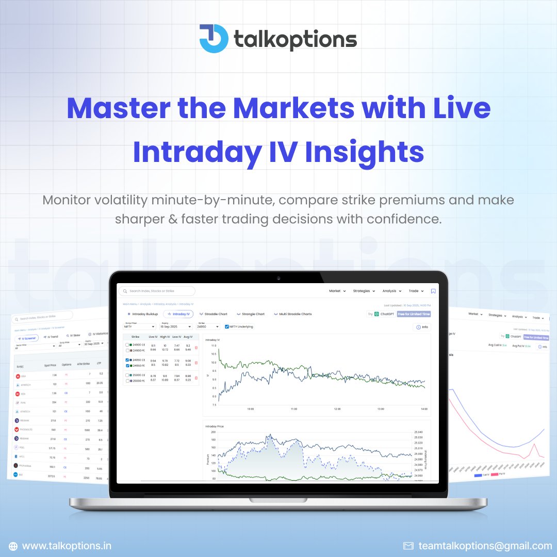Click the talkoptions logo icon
click(214, 38)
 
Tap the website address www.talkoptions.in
click(67, 546)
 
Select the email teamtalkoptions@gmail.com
click(485, 546)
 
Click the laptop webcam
click(278, 278)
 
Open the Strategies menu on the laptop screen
click(364, 291)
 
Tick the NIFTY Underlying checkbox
click(226, 326)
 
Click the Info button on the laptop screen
click(422, 327)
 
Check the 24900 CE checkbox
click(127, 345)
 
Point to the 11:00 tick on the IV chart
click(294, 409)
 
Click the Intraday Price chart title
click(214, 427)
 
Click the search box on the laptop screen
click(157, 291)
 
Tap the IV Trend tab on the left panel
click(52, 337)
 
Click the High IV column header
click(165, 336)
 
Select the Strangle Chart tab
click(251, 314)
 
